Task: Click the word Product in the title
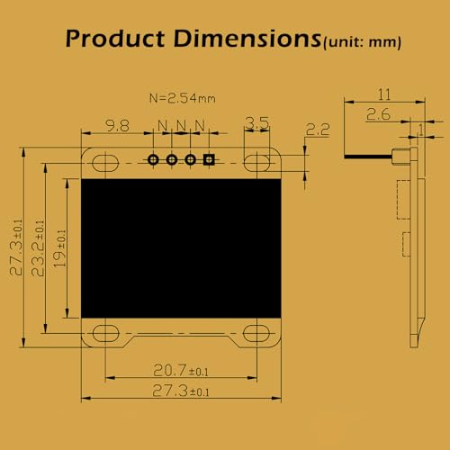point(115,39)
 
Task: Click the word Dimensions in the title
point(247,39)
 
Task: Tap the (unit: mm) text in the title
point(362,42)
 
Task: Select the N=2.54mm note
point(183,98)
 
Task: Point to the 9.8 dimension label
point(117,125)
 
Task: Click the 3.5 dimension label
point(257,123)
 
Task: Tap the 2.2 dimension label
point(318,130)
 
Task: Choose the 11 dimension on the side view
point(384,94)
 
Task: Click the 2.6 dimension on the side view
point(378,114)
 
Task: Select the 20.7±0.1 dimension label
point(181,370)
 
